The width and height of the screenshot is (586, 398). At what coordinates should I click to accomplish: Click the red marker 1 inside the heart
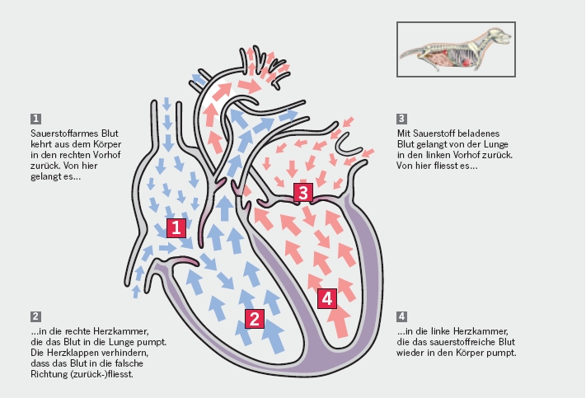click(176, 227)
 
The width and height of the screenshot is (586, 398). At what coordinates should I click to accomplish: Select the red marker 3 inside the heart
click(304, 193)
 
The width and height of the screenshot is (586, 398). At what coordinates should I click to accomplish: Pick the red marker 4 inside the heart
click(327, 298)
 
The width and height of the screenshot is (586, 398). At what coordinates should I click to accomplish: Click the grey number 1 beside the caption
click(35, 118)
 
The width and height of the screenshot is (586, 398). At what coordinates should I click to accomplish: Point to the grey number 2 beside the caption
click(35, 316)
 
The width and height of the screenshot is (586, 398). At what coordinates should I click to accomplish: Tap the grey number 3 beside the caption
click(401, 118)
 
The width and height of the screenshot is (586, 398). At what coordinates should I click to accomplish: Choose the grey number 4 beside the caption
click(401, 316)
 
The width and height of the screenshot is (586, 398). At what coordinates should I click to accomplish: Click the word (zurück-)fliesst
click(103, 374)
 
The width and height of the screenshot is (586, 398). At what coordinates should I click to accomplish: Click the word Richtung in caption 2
click(49, 374)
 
